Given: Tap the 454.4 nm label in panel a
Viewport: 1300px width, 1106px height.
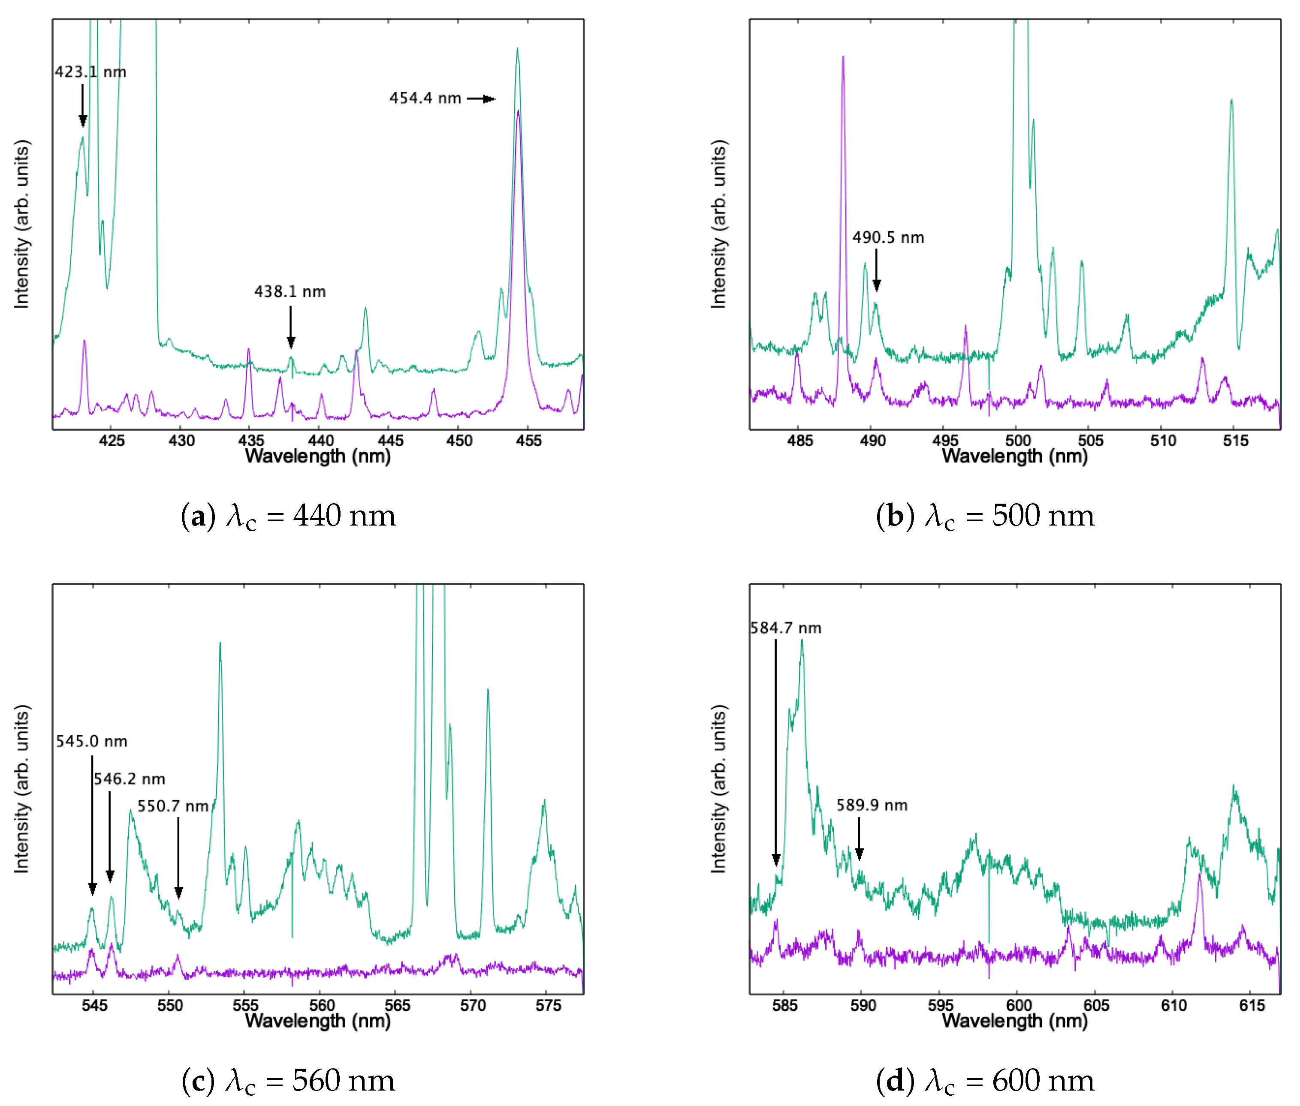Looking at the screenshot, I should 425,98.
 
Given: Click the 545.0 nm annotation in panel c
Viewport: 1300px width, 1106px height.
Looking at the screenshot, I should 91,741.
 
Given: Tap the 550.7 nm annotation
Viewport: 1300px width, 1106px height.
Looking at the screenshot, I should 173,806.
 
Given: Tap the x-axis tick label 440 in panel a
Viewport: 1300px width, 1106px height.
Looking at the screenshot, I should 320,441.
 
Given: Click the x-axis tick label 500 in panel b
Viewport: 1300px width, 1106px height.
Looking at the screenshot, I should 1018,441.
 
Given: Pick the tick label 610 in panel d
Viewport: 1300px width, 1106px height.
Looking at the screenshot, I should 1173,1006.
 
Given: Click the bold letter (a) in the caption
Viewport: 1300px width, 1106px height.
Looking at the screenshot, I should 198,516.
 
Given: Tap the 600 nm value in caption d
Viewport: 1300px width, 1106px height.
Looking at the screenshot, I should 1043,1080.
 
